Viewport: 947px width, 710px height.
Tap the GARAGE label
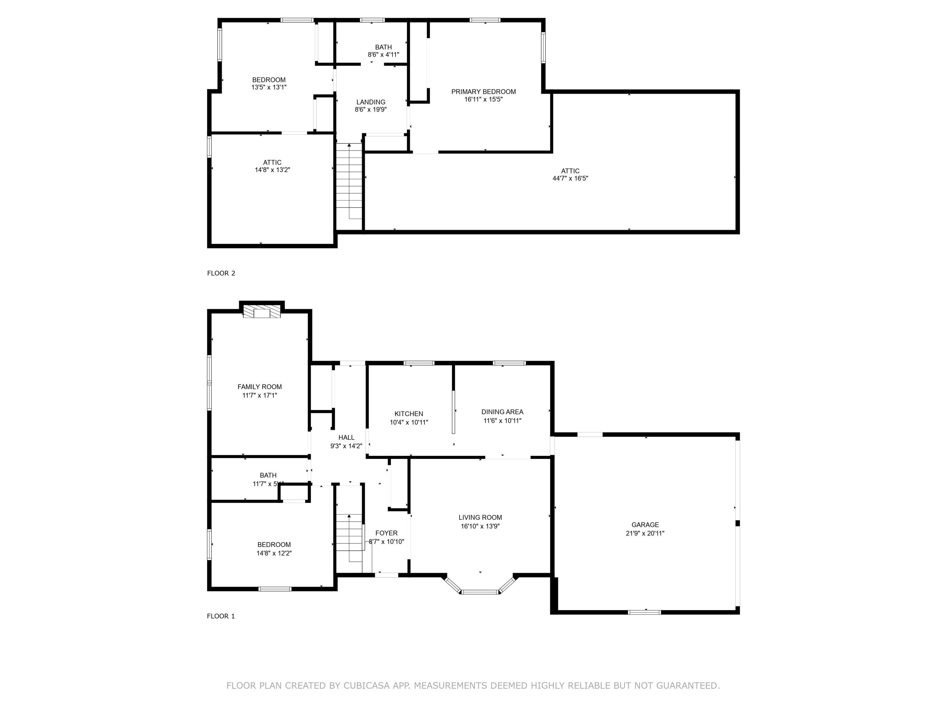645,525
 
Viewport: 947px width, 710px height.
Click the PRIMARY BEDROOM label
483,92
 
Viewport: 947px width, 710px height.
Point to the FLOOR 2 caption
221,273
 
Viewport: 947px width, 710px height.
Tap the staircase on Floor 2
349,182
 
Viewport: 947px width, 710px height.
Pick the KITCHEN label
408,414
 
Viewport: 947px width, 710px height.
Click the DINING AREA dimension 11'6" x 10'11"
502,421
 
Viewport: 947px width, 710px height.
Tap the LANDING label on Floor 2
371,102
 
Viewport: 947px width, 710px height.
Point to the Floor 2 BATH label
383,47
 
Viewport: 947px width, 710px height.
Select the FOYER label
386,533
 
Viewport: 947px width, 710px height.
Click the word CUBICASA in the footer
366,686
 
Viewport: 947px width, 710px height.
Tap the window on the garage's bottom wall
644,612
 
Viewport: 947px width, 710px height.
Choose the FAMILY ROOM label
260,387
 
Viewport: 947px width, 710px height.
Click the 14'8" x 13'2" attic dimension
272,170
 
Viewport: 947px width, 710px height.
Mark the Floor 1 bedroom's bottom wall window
275,589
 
